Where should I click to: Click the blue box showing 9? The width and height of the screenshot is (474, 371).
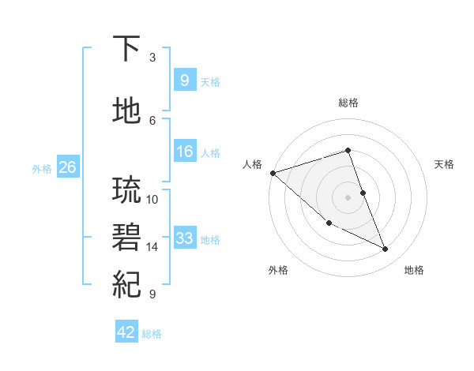click(x=184, y=81)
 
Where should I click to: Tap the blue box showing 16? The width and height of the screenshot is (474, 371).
click(x=184, y=152)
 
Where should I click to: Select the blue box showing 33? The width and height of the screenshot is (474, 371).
click(x=184, y=238)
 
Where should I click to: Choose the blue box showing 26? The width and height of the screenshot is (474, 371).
click(x=67, y=167)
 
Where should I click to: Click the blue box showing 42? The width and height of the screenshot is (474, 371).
click(x=126, y=332)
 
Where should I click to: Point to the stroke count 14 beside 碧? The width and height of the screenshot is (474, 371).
click(x=152, y=247)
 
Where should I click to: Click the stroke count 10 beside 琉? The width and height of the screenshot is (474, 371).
click(x=152, y=199)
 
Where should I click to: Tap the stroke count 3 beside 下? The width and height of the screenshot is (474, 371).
click(x=152, y=58)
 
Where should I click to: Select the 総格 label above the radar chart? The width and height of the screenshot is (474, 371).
click(x=348, y=103)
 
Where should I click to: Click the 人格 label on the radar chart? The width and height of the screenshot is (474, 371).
click(x=253, y=164)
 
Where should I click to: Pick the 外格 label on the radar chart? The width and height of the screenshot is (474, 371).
click(x=278, y=271)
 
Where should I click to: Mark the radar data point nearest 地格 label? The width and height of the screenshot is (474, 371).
click(x=386, y=249)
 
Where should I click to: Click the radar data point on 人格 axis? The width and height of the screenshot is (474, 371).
click(x=273, y=173)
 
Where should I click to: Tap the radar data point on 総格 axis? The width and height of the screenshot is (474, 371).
click(x=348, y=150)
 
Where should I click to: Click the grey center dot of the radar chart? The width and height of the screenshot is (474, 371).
click(x=348, y=197)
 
